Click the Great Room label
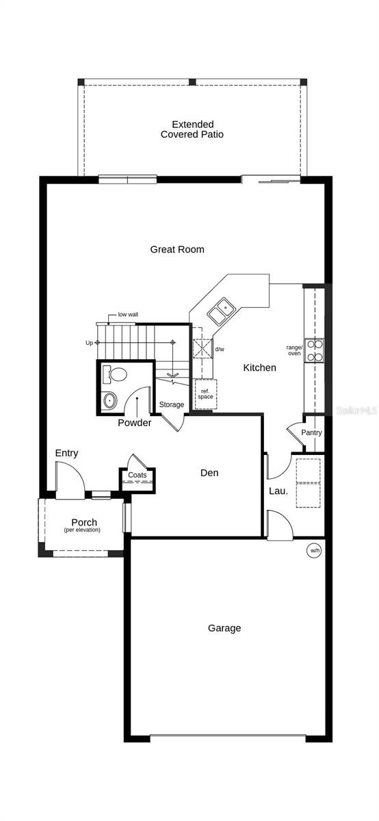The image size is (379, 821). [177, 250]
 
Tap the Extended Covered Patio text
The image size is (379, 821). [192, 129]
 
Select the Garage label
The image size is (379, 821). [224, 628]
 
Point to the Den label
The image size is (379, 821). [209, 473]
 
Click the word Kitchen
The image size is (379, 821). [260, 368]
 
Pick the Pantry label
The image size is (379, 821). [311, 433]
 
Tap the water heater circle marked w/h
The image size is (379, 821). [314, 550]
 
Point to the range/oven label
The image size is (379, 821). [294, 350]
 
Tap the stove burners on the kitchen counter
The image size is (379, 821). [314, 350]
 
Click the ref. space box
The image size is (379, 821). [205, 394]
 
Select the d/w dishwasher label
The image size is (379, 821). [220, 350]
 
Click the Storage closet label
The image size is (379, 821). [172, 405]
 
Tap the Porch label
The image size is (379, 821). [84, 523]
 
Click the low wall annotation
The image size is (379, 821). [128, 315]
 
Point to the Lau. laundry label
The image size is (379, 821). [278, 491]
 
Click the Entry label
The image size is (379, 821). [66, 453]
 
